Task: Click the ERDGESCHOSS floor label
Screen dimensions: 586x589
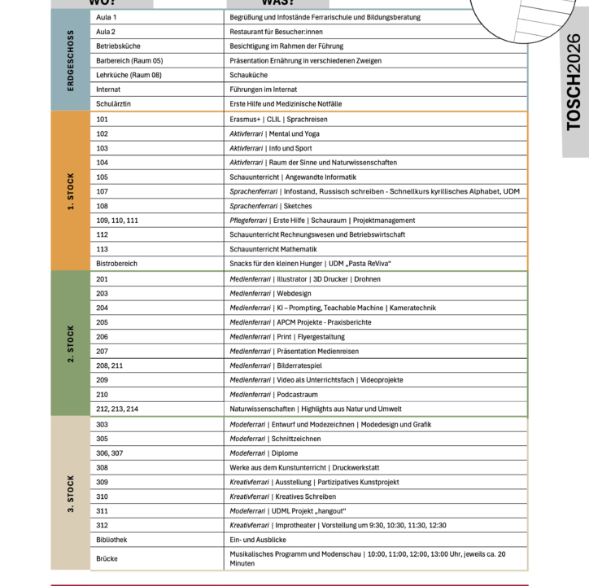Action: [x=70, y=60]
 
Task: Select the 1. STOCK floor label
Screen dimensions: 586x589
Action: [x=70, y=191]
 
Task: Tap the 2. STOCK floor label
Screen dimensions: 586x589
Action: [x=70, y=343]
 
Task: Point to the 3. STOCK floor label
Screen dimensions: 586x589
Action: [x=70, y=493]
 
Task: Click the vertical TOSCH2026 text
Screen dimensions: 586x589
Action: [x=574, y=81]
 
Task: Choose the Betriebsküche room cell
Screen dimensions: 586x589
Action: [x=117, y=46]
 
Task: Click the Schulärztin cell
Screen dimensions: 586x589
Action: [x=113, y=104]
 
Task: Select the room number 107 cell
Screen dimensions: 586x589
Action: [x=102, y=191]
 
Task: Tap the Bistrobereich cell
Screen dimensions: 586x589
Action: [x=116, y=264]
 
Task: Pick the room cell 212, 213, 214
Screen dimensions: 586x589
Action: [x=117, y=409]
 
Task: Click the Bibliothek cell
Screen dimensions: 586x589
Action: [x=111, y=539]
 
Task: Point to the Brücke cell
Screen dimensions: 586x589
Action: [x=107, y=558]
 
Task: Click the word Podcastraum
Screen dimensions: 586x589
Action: [x=295, y=394]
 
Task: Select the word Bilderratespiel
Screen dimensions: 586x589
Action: [x=299, y=365]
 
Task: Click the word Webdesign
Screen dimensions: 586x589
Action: [x=294, y=293]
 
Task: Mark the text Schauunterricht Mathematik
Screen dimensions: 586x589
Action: [x=273, y=249]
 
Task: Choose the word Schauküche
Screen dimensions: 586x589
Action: [x=248, y=75]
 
